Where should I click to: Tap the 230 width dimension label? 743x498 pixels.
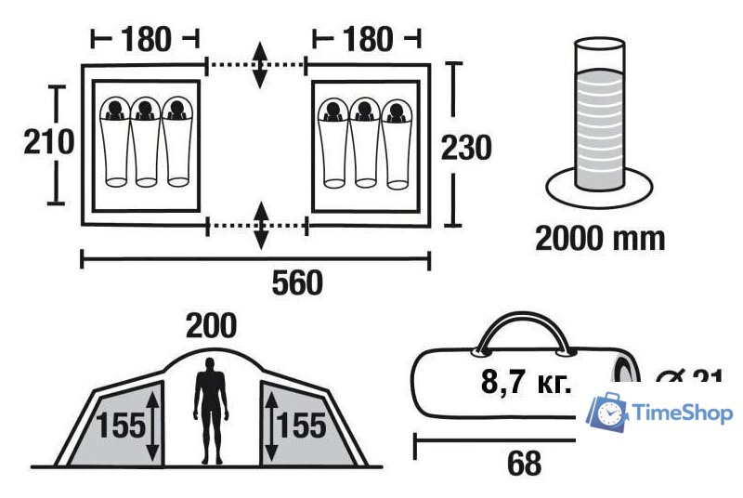(465, 147)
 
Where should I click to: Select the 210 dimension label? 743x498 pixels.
(48, 144)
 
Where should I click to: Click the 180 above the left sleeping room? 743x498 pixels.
(146, 39)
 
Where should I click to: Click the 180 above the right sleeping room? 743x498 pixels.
(366, 39)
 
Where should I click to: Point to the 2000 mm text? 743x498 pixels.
(600, 238)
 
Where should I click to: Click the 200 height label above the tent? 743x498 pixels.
(211, 326)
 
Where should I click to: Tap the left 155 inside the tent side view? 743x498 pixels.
(122, 426)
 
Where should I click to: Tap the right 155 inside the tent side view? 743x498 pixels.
(302, 426)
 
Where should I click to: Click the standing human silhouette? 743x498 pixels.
(211, 409)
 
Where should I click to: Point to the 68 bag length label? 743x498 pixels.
(525, 462)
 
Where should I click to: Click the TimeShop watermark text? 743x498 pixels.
(683, 413)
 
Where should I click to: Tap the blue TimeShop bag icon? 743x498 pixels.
(609, 411)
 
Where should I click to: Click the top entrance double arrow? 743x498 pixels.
(261, 65)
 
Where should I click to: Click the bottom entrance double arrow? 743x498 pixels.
(261, 224)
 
